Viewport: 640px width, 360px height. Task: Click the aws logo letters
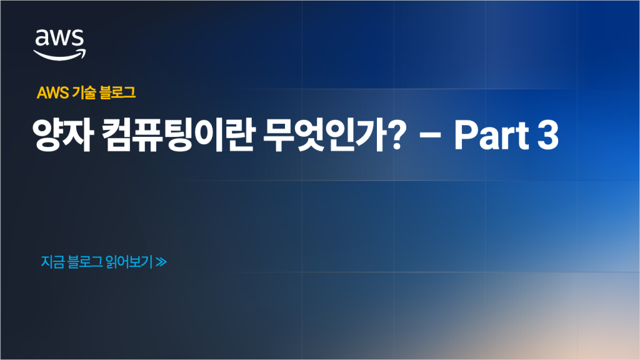59,38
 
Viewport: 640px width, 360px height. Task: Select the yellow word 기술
84,92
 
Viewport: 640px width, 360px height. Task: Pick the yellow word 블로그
117,92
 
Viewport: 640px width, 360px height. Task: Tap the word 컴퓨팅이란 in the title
178,135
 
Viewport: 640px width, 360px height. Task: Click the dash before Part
430,136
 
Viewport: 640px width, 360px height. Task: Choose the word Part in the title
492,135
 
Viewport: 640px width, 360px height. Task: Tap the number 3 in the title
547,135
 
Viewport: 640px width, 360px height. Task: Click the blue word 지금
52,262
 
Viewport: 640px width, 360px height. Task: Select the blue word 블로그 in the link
85,262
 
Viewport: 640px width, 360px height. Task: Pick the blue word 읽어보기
129,262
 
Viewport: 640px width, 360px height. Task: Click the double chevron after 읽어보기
161,262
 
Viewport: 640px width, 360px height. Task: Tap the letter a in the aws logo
41,39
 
